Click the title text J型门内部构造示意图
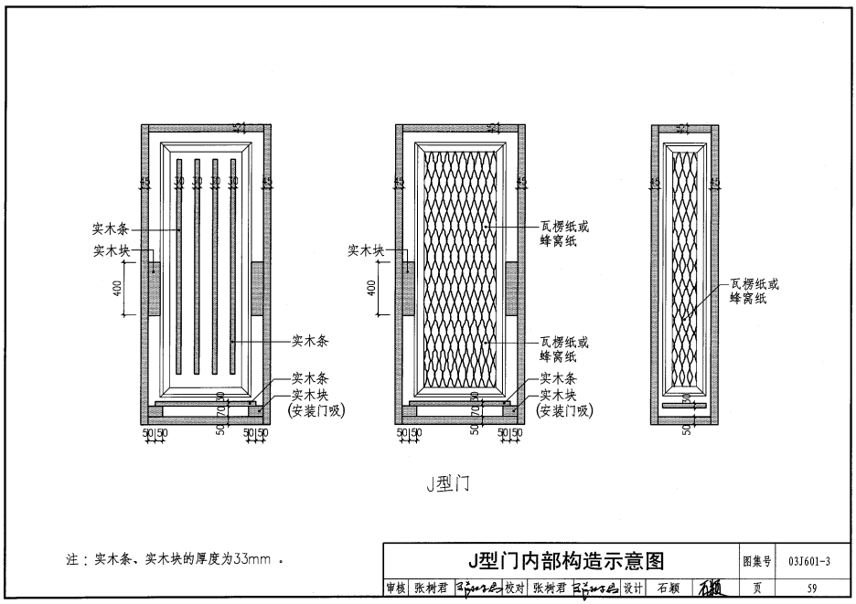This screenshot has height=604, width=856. (563, 559)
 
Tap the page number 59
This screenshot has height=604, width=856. (812, 588)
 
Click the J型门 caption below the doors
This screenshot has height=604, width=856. (447, 483)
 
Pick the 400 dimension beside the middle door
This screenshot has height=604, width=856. (371, 288)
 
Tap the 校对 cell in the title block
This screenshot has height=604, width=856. (517, 588)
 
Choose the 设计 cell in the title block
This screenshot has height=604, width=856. (634, 588)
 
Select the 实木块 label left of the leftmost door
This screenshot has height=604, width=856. (111, 250)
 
